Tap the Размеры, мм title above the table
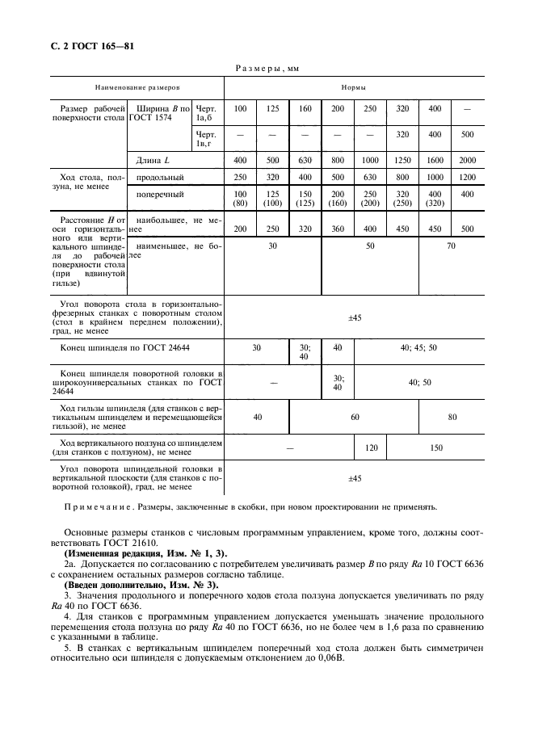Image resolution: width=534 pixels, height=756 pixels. [267, 69]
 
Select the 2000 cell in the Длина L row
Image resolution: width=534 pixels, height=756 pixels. [467, 160]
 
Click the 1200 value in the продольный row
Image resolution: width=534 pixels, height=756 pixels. [467, 177]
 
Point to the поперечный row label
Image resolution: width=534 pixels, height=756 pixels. [160, 194]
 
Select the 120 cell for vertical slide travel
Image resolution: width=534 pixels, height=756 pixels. [371, 447]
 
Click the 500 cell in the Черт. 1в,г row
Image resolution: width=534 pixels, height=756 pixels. [467, 136]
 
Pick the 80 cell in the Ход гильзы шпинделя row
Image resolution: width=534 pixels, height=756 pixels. [451, 417]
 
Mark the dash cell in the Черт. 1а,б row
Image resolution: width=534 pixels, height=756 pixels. [467, 107]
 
